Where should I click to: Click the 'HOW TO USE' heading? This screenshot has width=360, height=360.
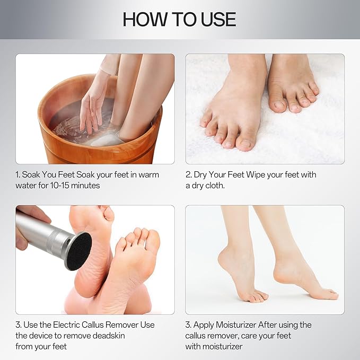coord(179,19)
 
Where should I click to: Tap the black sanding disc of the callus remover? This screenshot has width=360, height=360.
coord(78,250)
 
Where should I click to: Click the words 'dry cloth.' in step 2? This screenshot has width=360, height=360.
coord(212,186)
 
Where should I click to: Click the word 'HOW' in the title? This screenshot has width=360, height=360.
coord(143,19)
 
